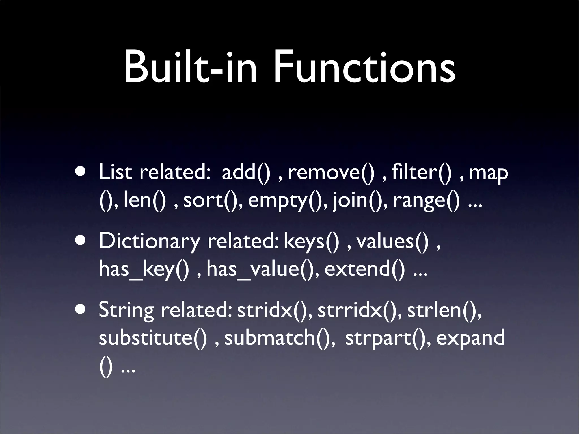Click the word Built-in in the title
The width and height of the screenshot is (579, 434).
tap(190, 68)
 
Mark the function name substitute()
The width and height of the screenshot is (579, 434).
tap(153, 337)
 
